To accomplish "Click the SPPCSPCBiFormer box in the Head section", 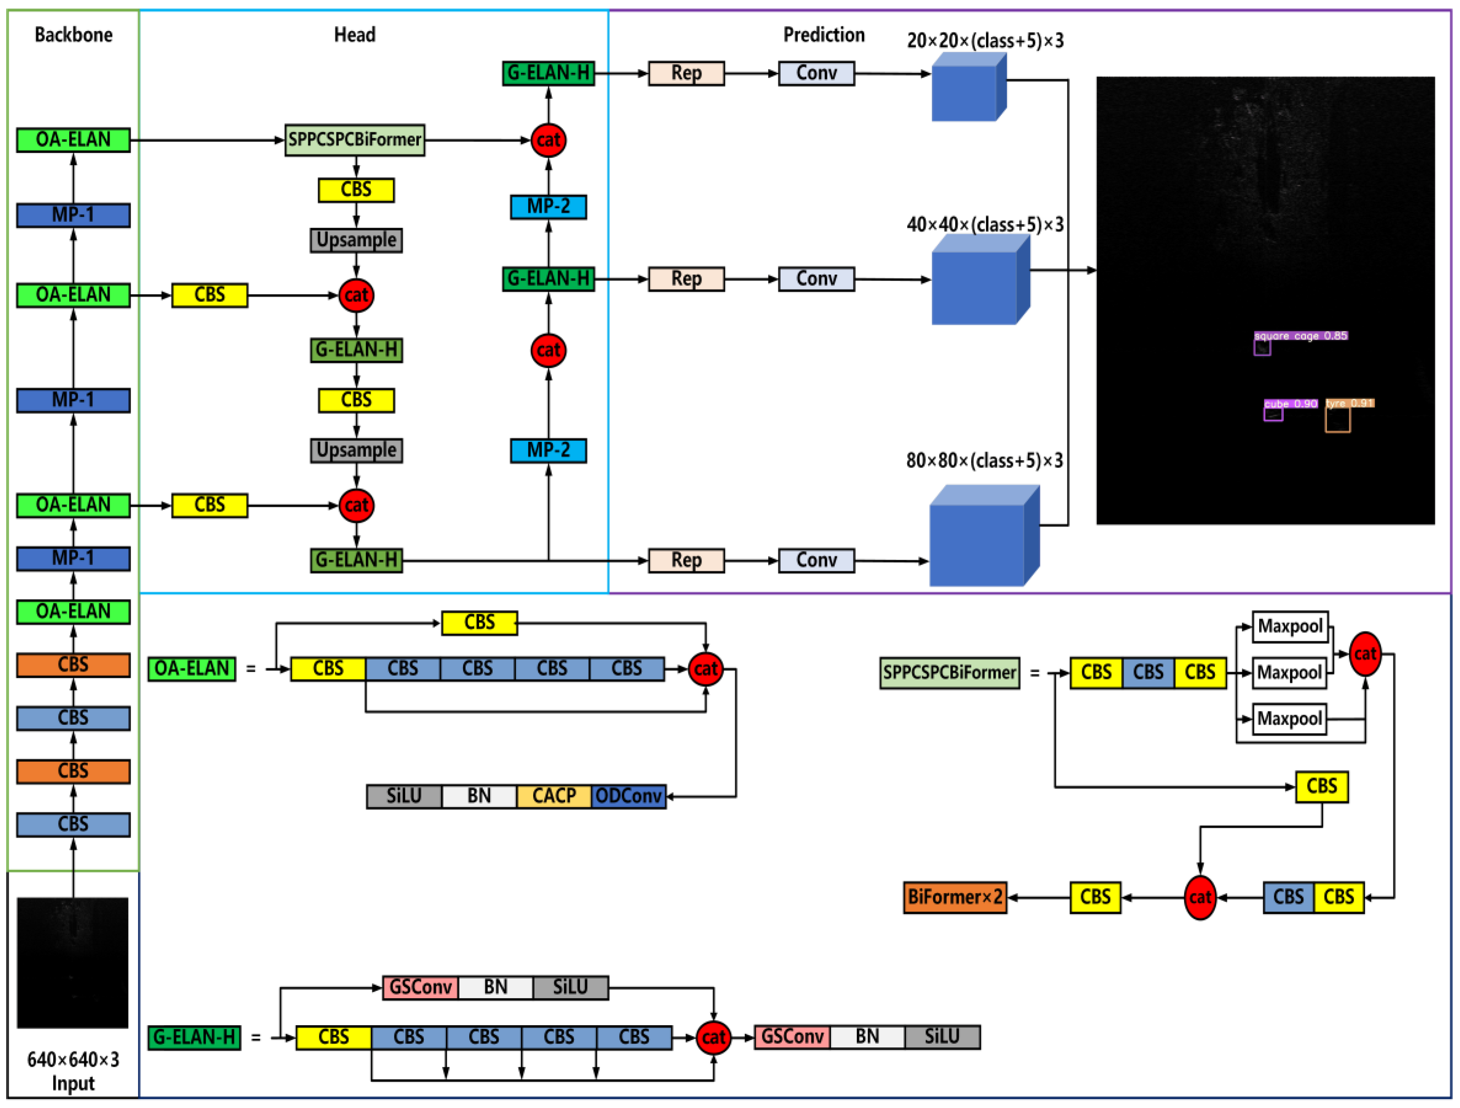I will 354,140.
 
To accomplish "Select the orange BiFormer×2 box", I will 954,897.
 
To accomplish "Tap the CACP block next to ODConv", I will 554,796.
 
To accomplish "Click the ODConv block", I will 628,796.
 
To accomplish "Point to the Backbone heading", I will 73,35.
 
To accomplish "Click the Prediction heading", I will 823,35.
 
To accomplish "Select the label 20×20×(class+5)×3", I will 985,41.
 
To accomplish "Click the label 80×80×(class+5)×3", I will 984,460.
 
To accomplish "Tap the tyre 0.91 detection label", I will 1349,403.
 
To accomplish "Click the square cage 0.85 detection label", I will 1300,336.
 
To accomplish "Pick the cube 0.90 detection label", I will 1290,404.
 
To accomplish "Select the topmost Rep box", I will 686,73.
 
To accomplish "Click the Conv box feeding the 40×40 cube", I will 816,279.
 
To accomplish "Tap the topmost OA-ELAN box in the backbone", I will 73,140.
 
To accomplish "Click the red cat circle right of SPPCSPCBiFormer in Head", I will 548,140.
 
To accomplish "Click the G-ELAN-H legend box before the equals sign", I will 194,1038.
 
